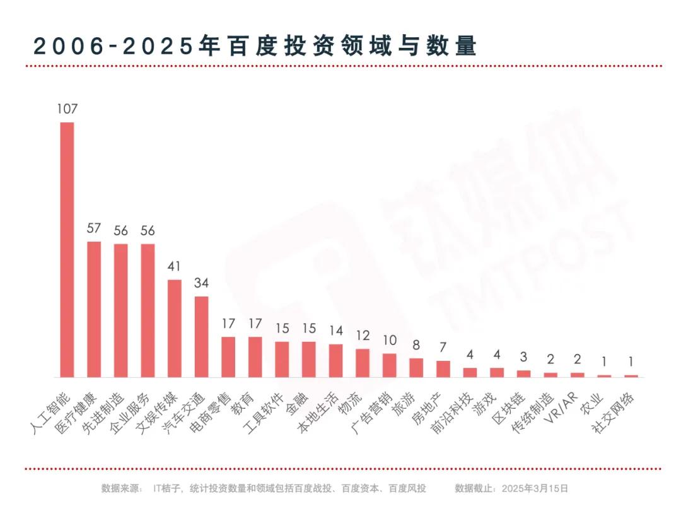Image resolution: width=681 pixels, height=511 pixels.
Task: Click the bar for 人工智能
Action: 67,249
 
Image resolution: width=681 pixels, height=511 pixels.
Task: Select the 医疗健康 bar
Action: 94,309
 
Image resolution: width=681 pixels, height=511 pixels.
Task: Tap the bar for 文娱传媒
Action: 175,328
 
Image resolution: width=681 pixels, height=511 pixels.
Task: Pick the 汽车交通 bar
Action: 201,336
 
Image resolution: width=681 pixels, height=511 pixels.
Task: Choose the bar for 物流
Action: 363,363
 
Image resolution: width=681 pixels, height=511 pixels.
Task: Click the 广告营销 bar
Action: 390,365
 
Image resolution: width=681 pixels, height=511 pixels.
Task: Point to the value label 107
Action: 67,109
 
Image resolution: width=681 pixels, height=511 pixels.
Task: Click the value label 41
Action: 175,266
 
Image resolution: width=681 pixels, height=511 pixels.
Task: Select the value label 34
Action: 201,283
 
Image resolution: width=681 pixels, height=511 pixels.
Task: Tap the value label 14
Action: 335,331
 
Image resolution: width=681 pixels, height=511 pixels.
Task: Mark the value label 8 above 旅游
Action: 416,345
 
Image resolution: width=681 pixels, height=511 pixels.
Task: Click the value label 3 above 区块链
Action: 524,357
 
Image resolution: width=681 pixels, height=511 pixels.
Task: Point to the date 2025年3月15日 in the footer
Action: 537,488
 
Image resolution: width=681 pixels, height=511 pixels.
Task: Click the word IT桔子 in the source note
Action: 166,488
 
